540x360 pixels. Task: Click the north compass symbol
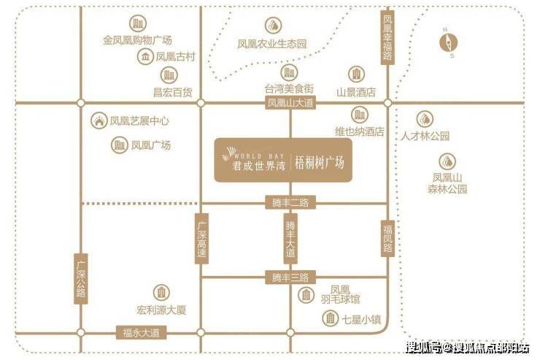click(x=447, y=42)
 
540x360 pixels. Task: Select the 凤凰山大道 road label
click(x=290, y=104)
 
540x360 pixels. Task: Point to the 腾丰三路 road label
click(x=290, y=277)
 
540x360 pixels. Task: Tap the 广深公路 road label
click(x=81, y=278)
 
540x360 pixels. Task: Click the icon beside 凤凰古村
click(x=147, y=56)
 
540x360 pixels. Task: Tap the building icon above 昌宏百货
click(x=169, y=74)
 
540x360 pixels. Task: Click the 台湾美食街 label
click(x=290, y=88)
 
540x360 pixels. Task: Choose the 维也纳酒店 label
click(x=359, y=131)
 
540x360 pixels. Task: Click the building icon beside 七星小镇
click(x=331, y=318)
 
